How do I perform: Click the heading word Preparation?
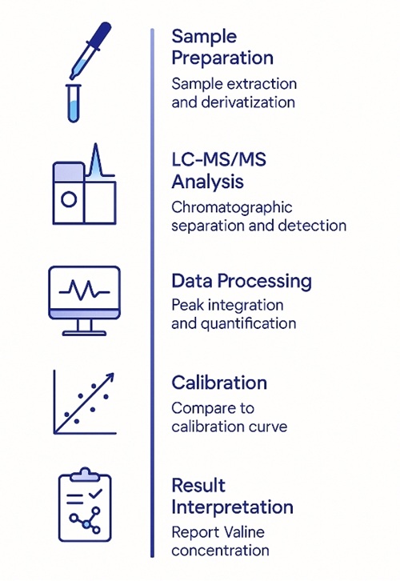tap(222, 58)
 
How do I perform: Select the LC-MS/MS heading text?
tap(218, 160)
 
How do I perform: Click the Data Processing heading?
tap(242, 282)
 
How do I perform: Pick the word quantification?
tap(249, 324)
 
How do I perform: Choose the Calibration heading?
tap(219, 383)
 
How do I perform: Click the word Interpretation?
tap(233, 507)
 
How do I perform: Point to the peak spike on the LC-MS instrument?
tap(96, 160)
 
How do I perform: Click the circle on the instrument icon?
tap(68, 199)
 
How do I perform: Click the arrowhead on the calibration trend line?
tap(109, 376)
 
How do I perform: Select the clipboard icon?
tap(85, 506)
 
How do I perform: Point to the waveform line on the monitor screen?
tap(85, 288)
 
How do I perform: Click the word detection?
tap(314, 226)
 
